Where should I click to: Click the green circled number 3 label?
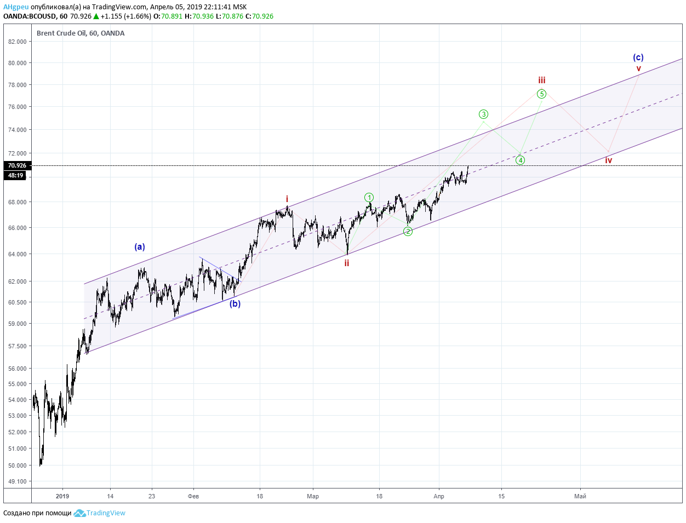click(483, 114)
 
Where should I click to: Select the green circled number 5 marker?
click(541, 94)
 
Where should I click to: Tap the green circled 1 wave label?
click(369, 197)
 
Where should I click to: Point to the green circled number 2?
click(408, 231)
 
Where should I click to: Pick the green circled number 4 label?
click(520, 160)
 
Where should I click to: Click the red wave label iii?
click(541, 81)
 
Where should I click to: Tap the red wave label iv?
click(609, 160)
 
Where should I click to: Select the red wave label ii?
click(347, 263)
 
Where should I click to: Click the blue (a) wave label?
click(140, 246)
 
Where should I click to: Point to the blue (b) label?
click(235, 303)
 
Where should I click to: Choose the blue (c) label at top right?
click(638, 57)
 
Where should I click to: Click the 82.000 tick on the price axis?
click(18, 42)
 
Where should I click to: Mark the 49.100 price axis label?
click(18, 481)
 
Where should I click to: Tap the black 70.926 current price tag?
click(17, 165)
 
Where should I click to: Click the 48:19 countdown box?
click(15, 175)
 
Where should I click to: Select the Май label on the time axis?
click(580, 496)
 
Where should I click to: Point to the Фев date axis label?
click(193, 496)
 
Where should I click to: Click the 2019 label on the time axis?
click(62, 496)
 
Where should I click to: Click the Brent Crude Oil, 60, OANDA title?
click(81, 33)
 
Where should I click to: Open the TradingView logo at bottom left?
click(99, 513)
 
